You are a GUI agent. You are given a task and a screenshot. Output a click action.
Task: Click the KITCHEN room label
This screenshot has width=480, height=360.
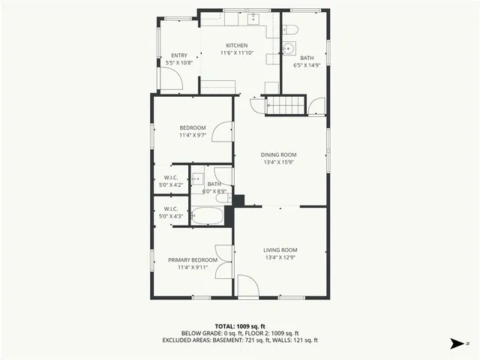click(x=236, y=46)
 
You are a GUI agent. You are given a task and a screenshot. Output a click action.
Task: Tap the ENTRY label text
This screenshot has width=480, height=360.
click(x=178, y=55)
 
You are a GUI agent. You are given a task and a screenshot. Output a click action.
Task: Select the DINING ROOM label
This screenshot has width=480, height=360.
click(x=278, y=154)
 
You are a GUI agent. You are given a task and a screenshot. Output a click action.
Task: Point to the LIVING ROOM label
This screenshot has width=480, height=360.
click(x=280, y=250)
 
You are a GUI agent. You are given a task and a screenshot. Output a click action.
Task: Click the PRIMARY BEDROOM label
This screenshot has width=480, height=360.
click(x=193, y=259)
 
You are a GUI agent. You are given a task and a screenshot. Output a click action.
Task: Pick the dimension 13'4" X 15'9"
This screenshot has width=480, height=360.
click(x=278, y=162)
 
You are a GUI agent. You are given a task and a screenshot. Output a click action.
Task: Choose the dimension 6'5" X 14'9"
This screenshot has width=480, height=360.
click(x=307, y=65)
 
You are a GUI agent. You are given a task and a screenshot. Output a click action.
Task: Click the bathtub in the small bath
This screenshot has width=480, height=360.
click(x=207, y=216)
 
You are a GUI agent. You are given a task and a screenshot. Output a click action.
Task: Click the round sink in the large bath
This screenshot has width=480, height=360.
click(x=289, y=49)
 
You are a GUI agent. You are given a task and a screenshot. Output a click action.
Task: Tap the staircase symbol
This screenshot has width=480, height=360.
click(x=286, y=105)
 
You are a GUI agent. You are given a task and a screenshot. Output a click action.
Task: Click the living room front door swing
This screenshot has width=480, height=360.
click(x=247, y=286)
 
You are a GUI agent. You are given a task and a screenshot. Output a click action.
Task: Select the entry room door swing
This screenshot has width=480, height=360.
click(x=172, y=80)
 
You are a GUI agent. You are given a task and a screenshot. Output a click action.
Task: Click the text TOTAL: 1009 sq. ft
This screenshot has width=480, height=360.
click(x=240, y=326)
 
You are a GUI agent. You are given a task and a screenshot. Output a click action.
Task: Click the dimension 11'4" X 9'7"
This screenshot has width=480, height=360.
click(x=192, y=136)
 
